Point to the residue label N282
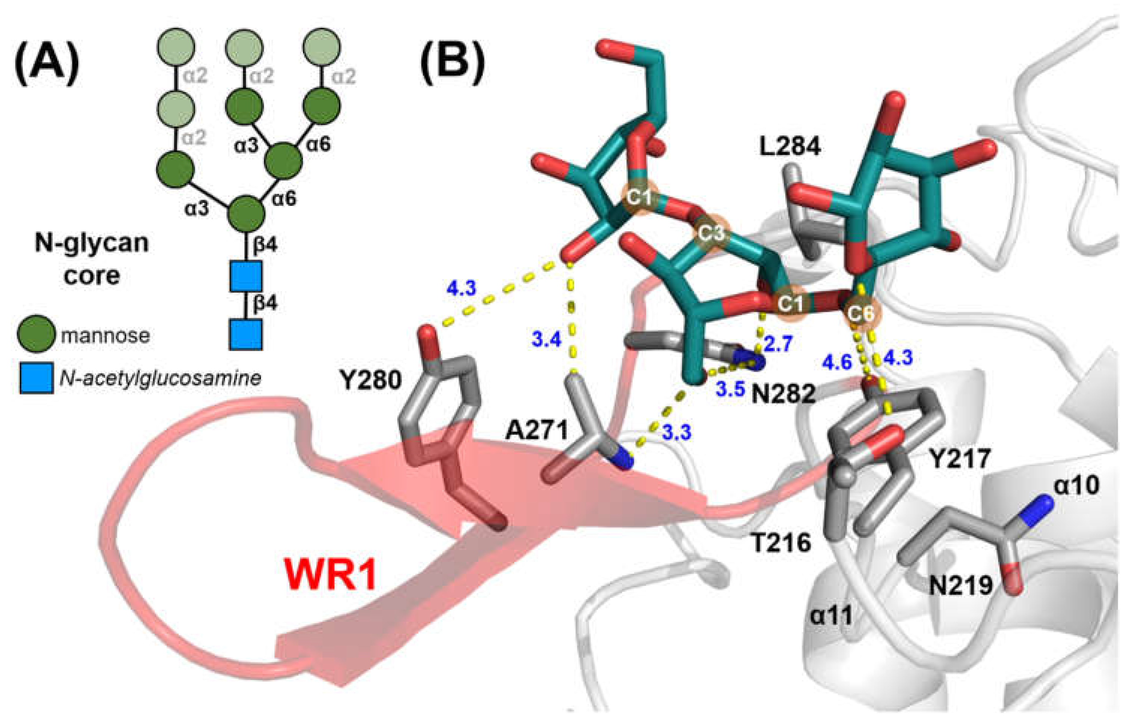click(783, 393)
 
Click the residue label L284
click(790, 147)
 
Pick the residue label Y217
click(959, 459)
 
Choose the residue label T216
click(780, 543)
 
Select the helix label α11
click(832, 614)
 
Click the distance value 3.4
click(547, 339)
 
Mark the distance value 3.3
click(677, 432)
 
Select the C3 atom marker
click(711, 233)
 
